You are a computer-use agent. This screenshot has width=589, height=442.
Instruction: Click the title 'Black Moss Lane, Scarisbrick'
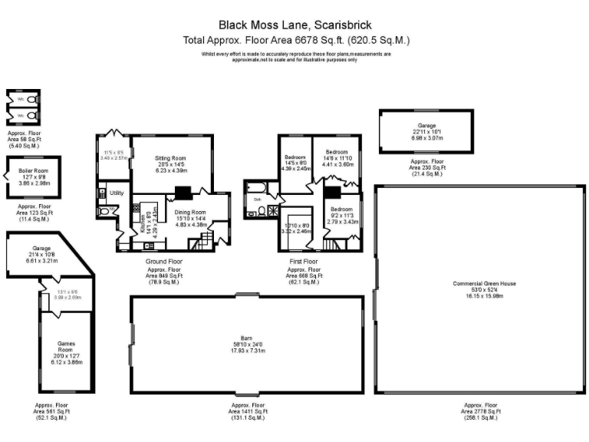click(294, 25)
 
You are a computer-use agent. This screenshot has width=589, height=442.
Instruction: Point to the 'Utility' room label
click(117, 193)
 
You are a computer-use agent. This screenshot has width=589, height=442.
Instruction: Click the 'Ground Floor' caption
click(163, 262)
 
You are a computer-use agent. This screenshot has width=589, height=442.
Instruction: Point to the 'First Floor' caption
click(303, 262)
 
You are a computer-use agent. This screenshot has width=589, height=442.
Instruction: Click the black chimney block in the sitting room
click(182, 193)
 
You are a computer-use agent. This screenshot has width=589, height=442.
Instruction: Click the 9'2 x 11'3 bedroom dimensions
click(342, 216)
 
